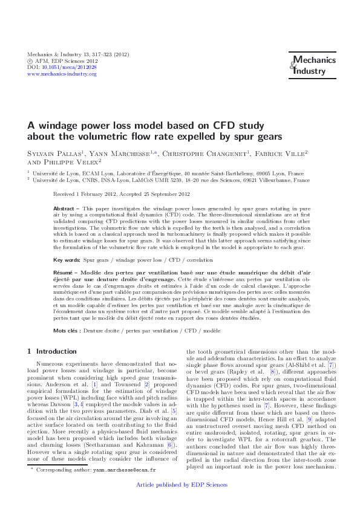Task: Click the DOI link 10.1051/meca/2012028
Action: click(x=71, y=67)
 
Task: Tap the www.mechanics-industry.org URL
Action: click(x=62, y=74)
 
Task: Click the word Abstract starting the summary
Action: click(x=64, y=207)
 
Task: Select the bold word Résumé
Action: click(x=64, y=273)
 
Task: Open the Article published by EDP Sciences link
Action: click(x=180, y=485)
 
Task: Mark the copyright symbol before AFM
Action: click(x=31, y=61)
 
